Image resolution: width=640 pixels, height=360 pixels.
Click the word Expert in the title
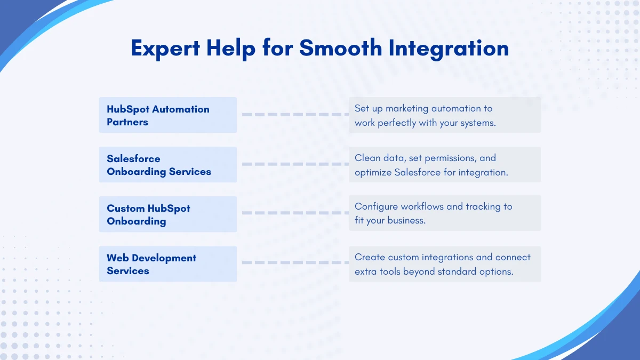tap(165, 49)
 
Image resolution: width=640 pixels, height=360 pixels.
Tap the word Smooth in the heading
tap(341, 47)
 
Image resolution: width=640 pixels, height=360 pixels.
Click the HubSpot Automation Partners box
tap(168, 115)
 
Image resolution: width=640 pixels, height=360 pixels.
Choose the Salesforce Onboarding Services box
tap(168, 165)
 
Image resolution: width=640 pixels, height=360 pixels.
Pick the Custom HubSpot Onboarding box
tap(168, 214)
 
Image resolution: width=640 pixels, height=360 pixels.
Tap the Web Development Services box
tap(168, 264)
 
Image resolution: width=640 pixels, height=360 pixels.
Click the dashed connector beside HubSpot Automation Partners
tap(295, 115)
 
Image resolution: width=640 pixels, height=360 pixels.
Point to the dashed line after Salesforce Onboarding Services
tap(295, 164)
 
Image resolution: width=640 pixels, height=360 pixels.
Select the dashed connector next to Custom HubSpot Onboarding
tap(295, 213)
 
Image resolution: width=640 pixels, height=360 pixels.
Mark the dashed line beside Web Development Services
tap(295, 262)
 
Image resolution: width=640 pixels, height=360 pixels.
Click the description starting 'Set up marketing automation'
tap(425, 116)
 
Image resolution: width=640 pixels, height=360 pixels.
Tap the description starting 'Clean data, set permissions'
tap(431, 165)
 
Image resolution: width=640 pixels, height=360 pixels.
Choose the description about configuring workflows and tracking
tap(434, 213)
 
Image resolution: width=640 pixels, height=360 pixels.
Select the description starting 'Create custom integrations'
tap(443, 265)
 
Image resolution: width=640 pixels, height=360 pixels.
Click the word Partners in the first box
tap(127, 122)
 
